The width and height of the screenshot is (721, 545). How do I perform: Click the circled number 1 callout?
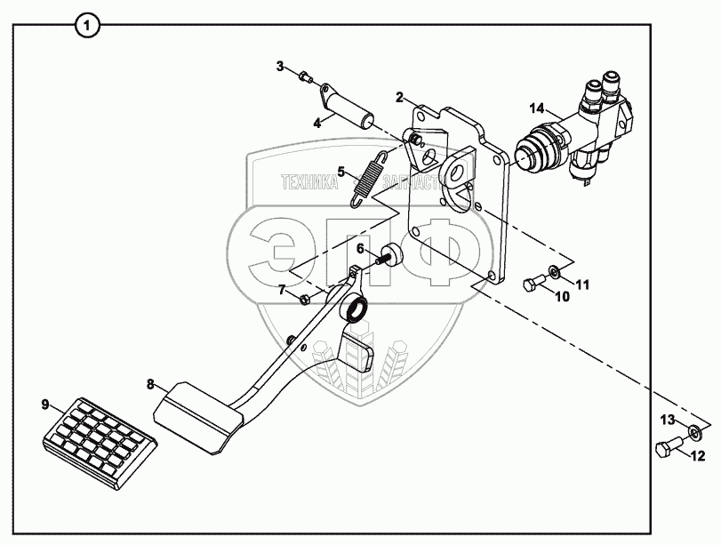pyautogui.click(x=86, y=25)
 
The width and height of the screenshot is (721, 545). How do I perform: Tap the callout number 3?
pyautogui.click(x=279, y=66)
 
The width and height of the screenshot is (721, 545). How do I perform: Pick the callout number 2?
pyautogui.click(x=400, y=95)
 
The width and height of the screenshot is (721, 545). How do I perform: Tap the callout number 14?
pyautogui.click(x=535, y=108)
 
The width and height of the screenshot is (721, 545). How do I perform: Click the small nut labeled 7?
pyautogui.click(x=307, y=297)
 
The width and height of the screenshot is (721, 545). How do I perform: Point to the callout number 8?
pyautogui.click(x=150, y=384)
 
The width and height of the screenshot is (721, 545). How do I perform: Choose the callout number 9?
pyautogui.click(x=45, y=405)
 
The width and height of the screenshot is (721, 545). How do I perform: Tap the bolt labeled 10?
pyautogui.click(x=532, y=285)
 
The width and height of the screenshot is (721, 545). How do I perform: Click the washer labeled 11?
pyautogui.click(x=555, y=269)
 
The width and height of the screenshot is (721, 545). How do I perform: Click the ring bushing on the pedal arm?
pyautogui.click(x=356, y=309)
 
